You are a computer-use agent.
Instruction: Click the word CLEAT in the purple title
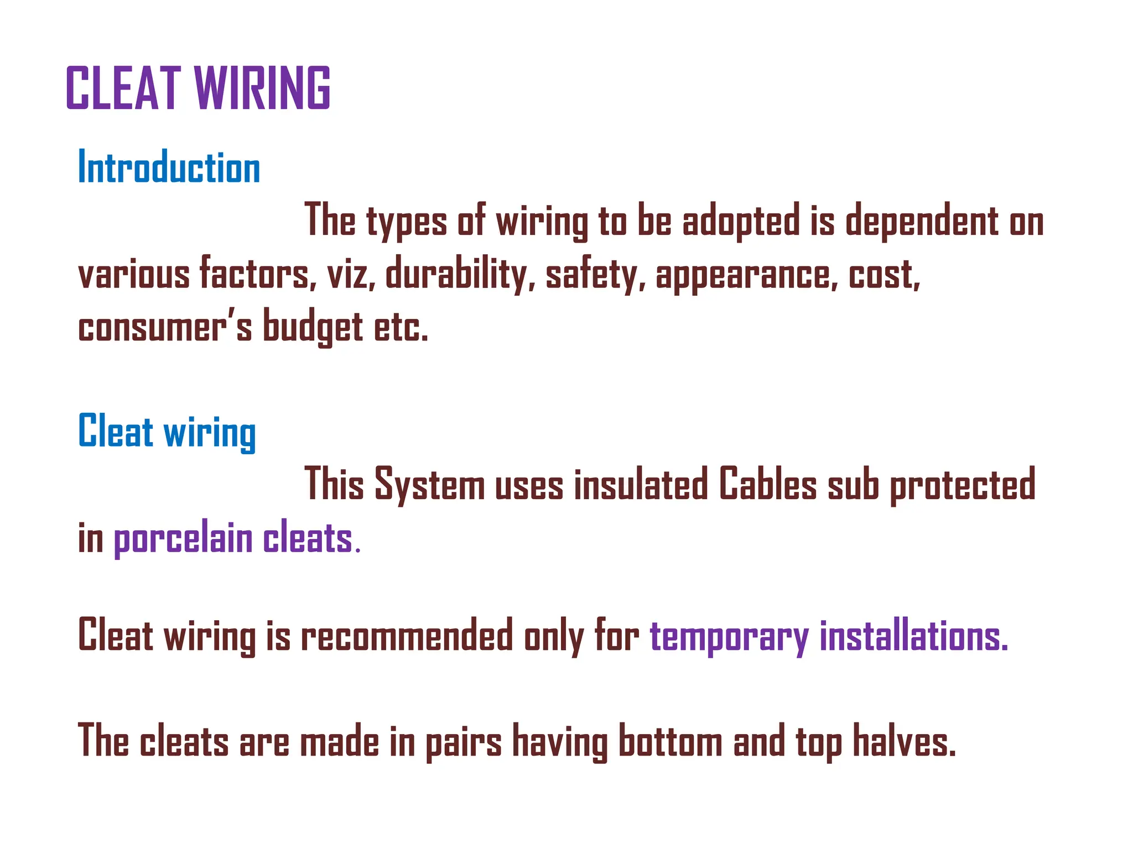tap(123, 88)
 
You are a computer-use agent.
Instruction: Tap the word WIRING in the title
tap(262, 88)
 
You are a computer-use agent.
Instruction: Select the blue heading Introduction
tap(169, 167)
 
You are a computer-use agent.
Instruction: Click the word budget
tap(313, 327)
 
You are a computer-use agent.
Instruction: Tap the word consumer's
tap(165, 327)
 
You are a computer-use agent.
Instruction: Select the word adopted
tap(741, 222)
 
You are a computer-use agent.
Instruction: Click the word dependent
tap(922, 222)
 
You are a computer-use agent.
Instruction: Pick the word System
tap(429, 485)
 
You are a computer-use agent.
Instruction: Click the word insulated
tap(641, 485)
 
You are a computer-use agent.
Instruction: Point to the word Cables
tap(767, 485)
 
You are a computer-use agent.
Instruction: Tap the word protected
tap(962, 485)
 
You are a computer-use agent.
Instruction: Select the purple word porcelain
tap(183, 539)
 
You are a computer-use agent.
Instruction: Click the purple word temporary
tap(729, 637)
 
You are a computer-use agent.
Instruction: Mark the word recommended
tap(407, 637)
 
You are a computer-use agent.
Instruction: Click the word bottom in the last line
tap(670, 742)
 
